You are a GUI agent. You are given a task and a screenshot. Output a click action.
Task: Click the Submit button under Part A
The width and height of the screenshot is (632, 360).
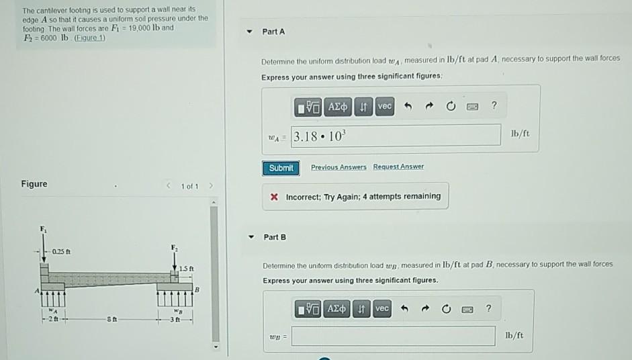coord(281,168)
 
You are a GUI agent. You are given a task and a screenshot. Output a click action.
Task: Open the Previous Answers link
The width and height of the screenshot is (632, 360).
coord(338,167)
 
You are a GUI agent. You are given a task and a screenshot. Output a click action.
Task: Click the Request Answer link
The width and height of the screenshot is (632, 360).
coord(398,167)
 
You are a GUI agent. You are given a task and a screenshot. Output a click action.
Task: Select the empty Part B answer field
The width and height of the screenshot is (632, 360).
coord(394,335)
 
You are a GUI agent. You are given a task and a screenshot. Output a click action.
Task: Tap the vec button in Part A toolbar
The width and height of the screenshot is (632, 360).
coord(384,107)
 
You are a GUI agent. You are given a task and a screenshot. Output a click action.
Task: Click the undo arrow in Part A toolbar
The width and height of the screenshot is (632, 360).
coord(407,107)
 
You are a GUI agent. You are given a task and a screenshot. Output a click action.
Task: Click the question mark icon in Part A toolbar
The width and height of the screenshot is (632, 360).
coord(494,106)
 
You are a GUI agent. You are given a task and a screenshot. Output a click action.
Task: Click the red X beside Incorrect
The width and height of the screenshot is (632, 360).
coord(274,197)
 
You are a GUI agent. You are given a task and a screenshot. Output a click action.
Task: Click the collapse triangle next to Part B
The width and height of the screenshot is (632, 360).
coord(252,237)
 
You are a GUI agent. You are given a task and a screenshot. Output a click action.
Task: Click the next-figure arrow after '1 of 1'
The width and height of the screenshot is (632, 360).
coord(210,185)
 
